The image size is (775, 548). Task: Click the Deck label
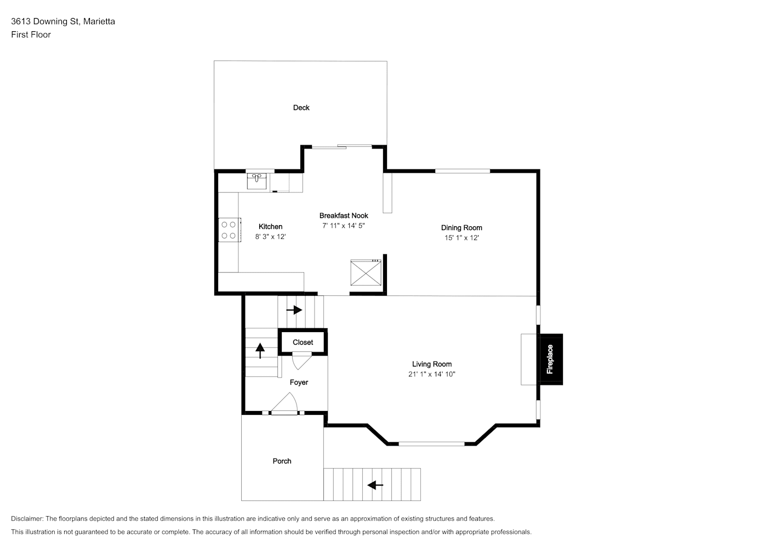(301, 107)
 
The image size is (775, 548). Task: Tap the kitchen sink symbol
(257, 181)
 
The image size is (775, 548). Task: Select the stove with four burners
(230, 230)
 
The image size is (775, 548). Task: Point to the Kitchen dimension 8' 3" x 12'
(271, 237)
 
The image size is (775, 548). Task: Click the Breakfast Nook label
(344, 215)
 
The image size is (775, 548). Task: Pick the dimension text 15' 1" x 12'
(461, 238)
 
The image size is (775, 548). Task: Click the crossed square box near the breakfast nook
(366, 272)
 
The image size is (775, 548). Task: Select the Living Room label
(432, 364)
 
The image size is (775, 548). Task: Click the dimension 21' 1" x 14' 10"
(432, 374)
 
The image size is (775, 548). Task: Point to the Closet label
(303, 342)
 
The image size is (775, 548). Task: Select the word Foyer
(299, 383)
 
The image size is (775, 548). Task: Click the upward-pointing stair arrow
(260, 350)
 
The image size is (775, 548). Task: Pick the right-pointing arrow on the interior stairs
(294, 310)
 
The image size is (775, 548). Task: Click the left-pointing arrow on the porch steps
(375, 485)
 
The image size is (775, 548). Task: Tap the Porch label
(282, 461)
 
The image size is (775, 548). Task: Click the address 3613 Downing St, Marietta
(63, 21)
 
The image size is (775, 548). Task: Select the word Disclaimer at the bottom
(27, 518)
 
